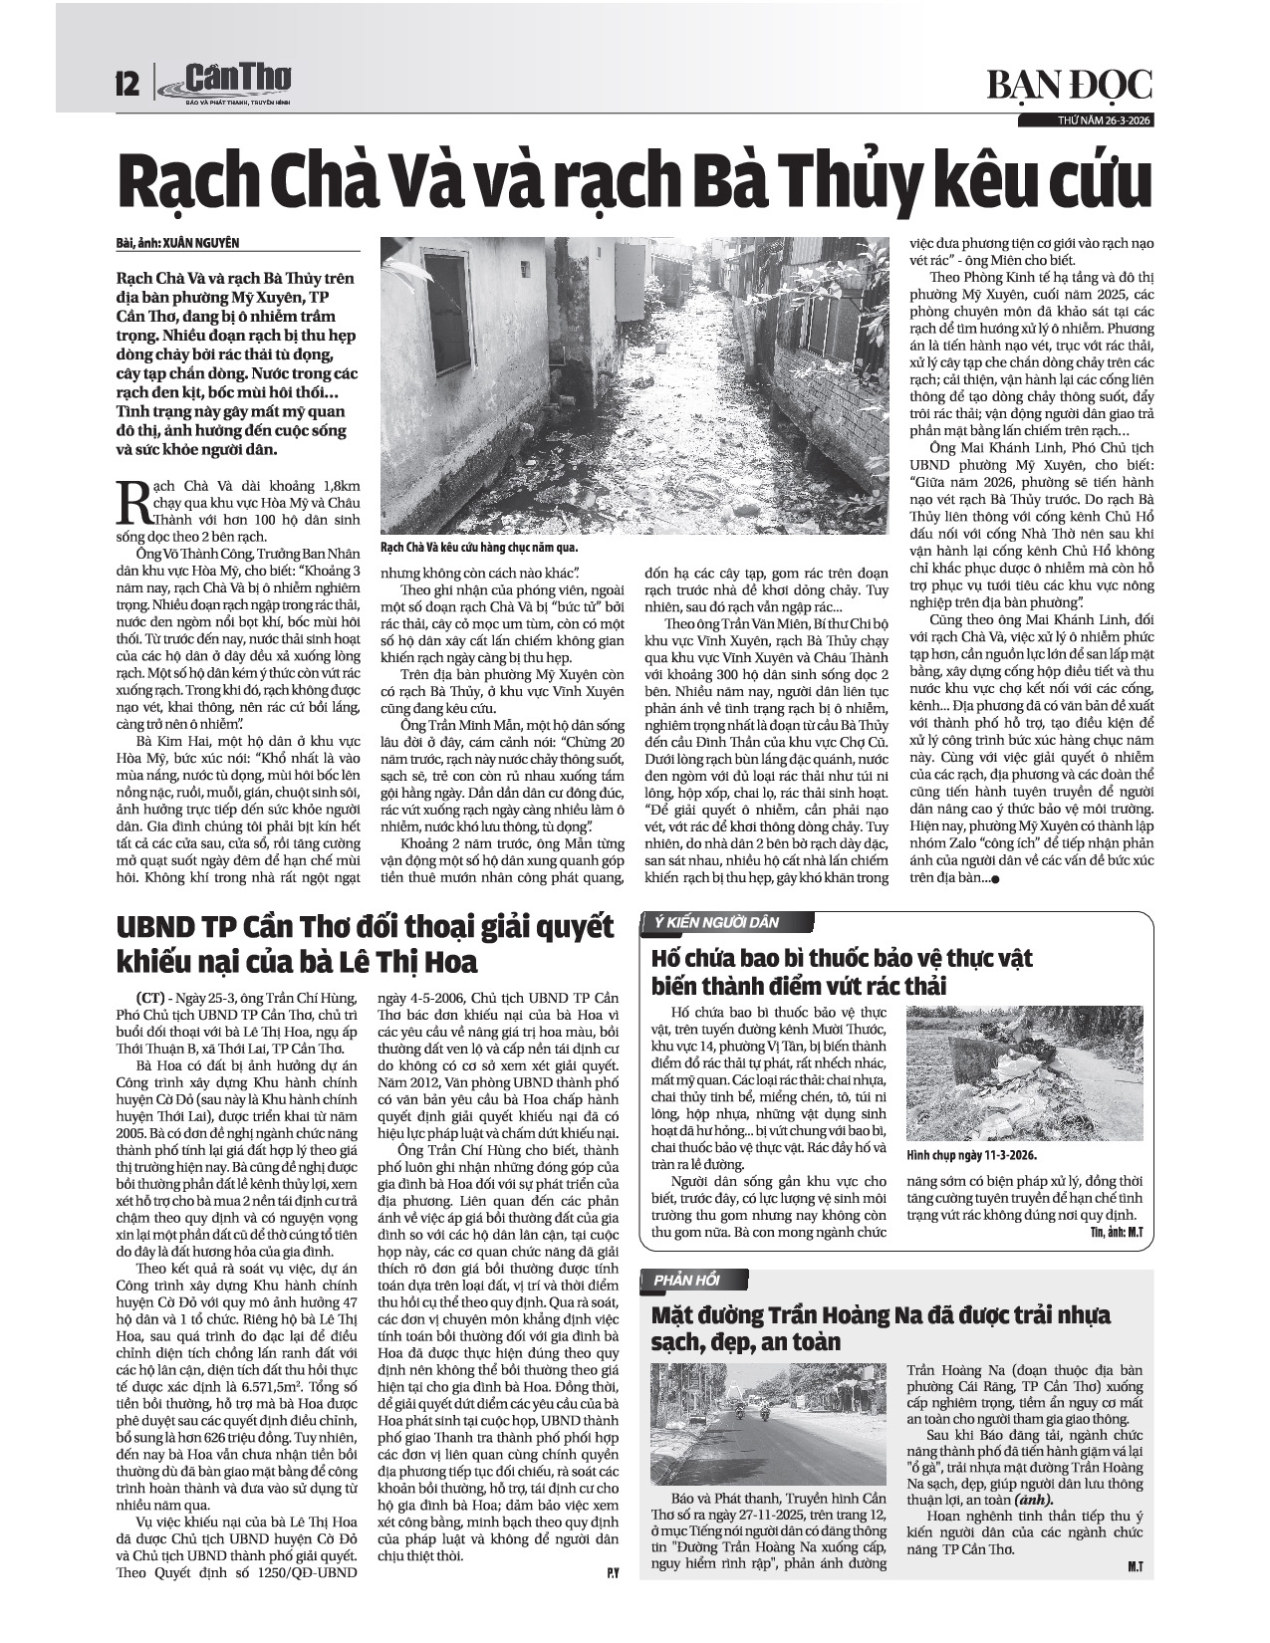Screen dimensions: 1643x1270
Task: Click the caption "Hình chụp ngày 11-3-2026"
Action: tap(972, 1155)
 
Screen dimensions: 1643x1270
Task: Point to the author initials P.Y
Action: tap(613, 1546)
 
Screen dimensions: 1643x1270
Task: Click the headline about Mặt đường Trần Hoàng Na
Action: tap(881, 1327)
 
